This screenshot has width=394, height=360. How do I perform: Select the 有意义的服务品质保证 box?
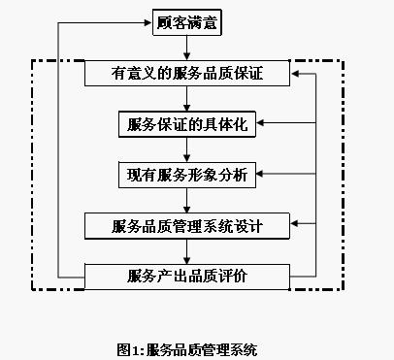[187, 73]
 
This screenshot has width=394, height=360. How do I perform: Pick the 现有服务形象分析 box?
[187, 175]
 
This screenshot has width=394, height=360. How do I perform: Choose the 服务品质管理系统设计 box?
[187, 226]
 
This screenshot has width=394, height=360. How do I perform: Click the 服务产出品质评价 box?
[187, 277]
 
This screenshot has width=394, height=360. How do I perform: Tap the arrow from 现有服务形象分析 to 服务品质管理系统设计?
[187, 201]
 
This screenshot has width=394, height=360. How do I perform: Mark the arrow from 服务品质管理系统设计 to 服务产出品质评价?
[187, 251]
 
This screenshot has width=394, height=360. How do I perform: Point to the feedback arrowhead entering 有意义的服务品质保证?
[298, 73]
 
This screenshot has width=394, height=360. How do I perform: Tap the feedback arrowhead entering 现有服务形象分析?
[262, 175]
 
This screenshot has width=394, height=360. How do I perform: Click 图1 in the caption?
[129, 348]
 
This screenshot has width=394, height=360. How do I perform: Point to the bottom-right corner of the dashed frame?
[344, 289]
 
